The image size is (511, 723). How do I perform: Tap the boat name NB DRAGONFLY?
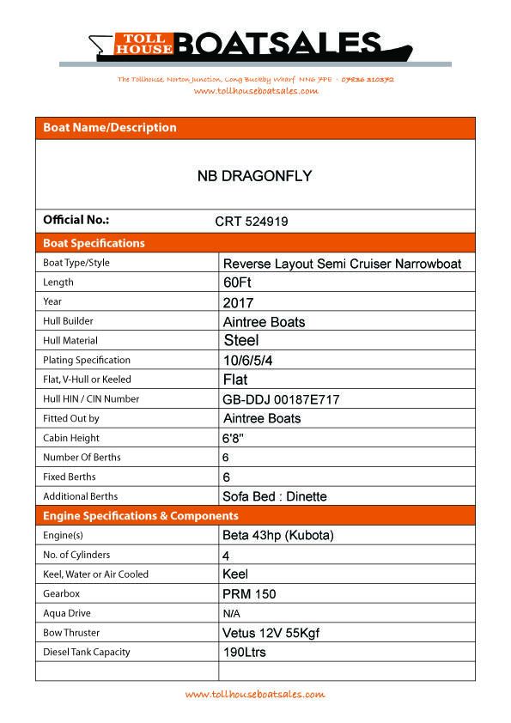254,176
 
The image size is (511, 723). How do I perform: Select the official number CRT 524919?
251,221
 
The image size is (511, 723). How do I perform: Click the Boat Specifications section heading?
94,243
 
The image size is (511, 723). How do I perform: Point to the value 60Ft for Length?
237,283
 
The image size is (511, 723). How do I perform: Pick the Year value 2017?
237,302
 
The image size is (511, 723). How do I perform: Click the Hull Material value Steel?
241,341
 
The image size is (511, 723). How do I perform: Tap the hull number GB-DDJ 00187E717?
281,399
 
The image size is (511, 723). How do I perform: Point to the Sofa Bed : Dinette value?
274,496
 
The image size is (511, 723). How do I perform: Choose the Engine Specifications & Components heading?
141,516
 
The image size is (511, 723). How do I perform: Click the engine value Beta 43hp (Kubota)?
278,536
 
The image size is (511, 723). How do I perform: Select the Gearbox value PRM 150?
248,594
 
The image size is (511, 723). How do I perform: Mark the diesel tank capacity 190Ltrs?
244,653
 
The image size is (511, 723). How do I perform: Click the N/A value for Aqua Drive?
231,614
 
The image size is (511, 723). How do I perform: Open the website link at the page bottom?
255,694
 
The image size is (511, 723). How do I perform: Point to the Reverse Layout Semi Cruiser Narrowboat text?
342,264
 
